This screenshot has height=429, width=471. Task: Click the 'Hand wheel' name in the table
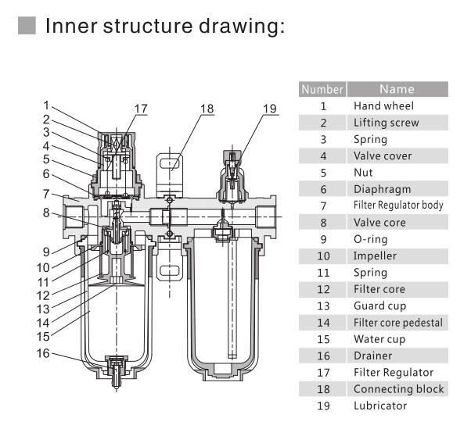[383, 105]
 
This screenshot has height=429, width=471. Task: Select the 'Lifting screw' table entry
[386, 123]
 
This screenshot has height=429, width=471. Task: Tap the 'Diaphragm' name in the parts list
[382, 189]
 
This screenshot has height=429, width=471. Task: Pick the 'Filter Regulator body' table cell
[398, 206]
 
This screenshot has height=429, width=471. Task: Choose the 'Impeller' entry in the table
[375, 256]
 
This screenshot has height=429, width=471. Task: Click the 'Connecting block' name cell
[398, 388]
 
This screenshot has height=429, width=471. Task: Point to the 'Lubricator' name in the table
[380, 406]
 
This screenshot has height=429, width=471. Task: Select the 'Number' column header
[322, 89]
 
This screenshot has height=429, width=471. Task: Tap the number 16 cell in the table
[322, 356]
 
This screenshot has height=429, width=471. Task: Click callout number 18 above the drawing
[206, 108]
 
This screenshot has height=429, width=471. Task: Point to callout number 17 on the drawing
[140, 108]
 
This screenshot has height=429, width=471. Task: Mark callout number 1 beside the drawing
[47, 105]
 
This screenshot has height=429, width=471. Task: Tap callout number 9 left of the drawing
[47, 251]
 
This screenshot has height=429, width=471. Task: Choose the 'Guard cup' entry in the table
[380, 306]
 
